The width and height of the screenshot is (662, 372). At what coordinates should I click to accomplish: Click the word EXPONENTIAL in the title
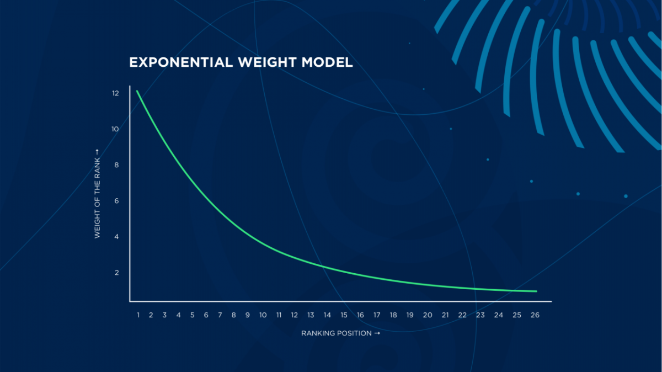[x=181, y=62]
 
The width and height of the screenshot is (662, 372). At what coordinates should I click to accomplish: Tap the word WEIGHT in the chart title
[x=267, y=62]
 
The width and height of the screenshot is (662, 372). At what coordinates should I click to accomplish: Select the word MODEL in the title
[x=327, y=62]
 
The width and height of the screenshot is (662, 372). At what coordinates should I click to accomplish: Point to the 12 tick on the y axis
[x=115, y=93]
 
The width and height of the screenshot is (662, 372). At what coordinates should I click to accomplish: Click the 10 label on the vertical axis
[x=115, y=129]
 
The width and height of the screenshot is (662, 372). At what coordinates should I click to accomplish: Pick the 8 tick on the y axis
[x=116, y=165]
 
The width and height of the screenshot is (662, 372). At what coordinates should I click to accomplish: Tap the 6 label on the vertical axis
[x=116, y=201]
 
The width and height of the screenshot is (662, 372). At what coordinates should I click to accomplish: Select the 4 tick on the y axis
[x=116, y=237]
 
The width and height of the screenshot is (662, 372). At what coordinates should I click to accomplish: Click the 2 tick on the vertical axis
[x=117, y=273]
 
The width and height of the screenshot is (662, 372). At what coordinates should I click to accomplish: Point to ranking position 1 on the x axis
[x=138, y=315]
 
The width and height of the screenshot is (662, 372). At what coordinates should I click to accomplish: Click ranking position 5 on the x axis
[x=193, y=315]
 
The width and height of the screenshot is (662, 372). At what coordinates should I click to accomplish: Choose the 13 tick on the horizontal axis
[x=311, y=315]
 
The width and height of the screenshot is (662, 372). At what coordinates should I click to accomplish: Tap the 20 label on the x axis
[x=428, y=315]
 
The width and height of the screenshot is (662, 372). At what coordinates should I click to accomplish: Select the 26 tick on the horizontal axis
[x=535, y=315]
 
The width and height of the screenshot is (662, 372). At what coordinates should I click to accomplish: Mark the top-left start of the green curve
[x=137, y=91]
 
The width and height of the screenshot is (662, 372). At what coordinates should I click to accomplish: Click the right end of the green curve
[x=536, y=291]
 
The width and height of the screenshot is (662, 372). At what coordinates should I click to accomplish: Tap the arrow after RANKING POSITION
[x=377, y=333]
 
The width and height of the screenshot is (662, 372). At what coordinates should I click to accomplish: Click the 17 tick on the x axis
[x=377, y=315]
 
